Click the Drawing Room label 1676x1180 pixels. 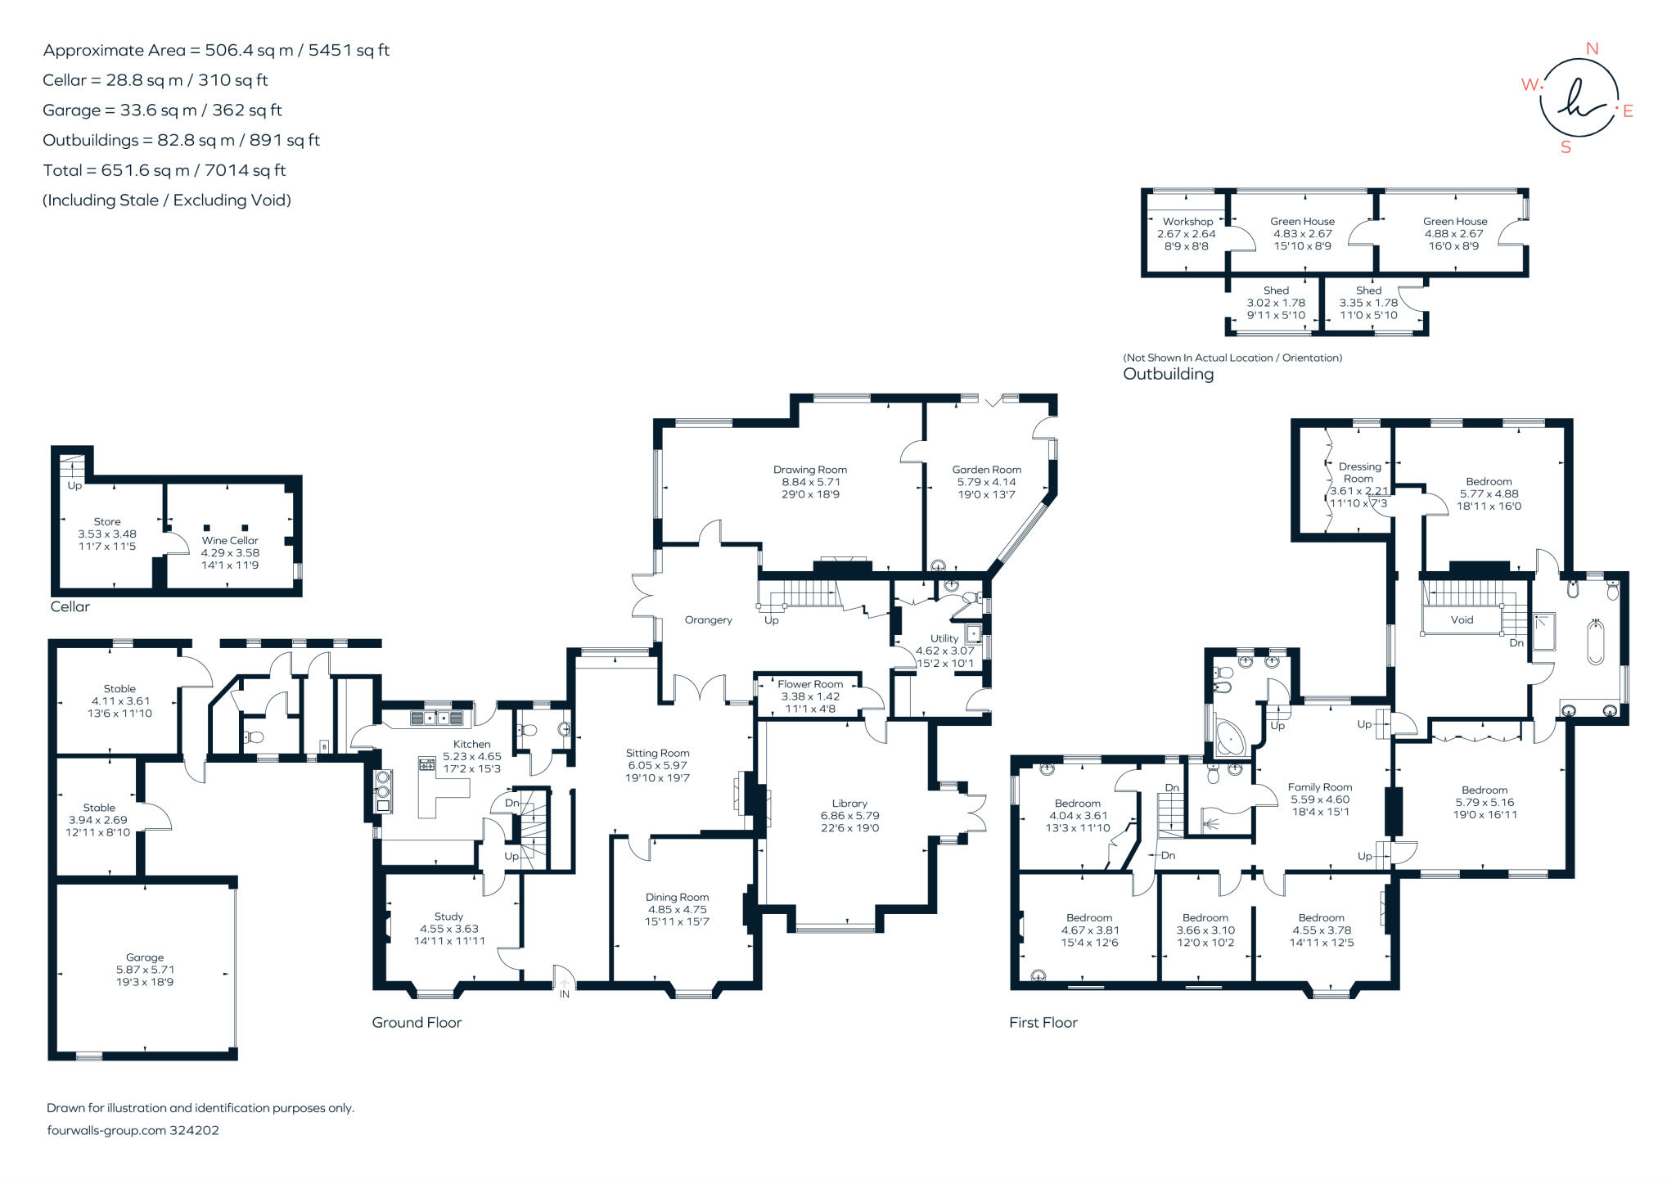pyautogui.click(x=809, y=470)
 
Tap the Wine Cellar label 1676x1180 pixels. pyautogui.click(x=230, y=540)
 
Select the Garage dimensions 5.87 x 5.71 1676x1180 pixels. pyautogui.click(x=145, y=970)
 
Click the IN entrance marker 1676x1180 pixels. pyautogui.click(x=564, y=994)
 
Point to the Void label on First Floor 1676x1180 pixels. pyautogui.click(x=1462, y=619)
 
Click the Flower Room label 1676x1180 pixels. pyautogui.click(x=809, y=684)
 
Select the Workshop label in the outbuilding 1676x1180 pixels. pyautogui.click(x=1187, y=222)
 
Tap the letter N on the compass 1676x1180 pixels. pyautogui.click(x=1592, y=49)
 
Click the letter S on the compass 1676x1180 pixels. pyautogui.click(x=1566, y=148)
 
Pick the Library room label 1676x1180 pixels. pyautogui.click(x=849, y=804)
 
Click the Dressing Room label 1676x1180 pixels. pyautogui.click(x=1359, y=472)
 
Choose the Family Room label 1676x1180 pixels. pyautogui.click(x=1319, y=787)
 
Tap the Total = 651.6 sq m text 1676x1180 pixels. pyautogui.click(x=164, y=170)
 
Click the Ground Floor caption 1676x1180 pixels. pyautogui.click(x=417, y=1022)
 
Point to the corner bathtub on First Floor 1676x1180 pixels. pyautogui.click(x=1228, y=738)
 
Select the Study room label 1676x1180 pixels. pyautogui.click(x=448, y=917)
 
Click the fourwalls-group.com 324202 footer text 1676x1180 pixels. pyautogui.click(x=133, y=1130)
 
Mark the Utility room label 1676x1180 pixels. pyautogui.click(x=944, y=638)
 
